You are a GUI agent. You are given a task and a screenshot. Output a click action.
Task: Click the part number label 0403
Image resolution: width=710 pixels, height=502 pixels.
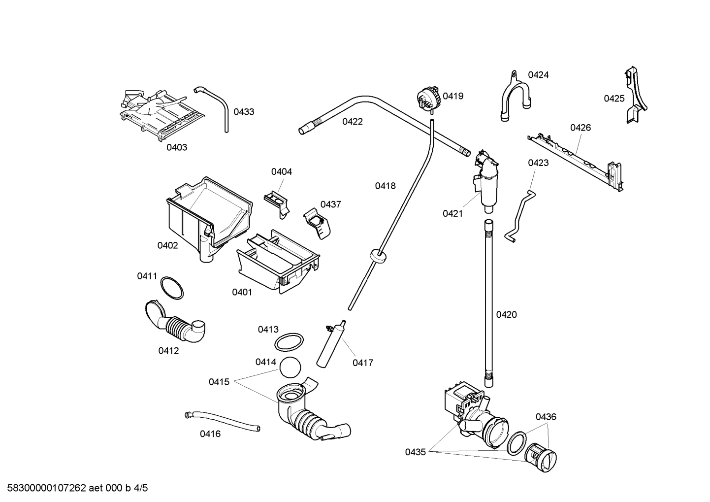176,147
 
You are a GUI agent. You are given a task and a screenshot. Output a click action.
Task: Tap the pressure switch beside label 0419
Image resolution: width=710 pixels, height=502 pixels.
427,98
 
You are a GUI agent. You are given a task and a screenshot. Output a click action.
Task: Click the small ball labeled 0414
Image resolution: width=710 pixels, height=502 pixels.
290,368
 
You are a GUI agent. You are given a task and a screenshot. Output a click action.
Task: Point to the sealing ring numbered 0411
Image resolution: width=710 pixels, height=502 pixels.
171,288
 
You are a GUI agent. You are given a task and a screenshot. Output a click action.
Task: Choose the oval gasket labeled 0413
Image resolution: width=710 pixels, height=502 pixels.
289,342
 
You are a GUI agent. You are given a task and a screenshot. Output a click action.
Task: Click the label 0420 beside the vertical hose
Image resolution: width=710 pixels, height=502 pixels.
506,315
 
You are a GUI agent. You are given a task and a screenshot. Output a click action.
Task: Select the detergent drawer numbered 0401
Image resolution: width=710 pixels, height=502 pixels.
278,262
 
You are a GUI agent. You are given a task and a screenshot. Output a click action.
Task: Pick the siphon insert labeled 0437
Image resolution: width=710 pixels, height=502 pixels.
317,223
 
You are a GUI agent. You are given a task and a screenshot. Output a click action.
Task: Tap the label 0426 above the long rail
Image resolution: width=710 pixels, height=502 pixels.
580,128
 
